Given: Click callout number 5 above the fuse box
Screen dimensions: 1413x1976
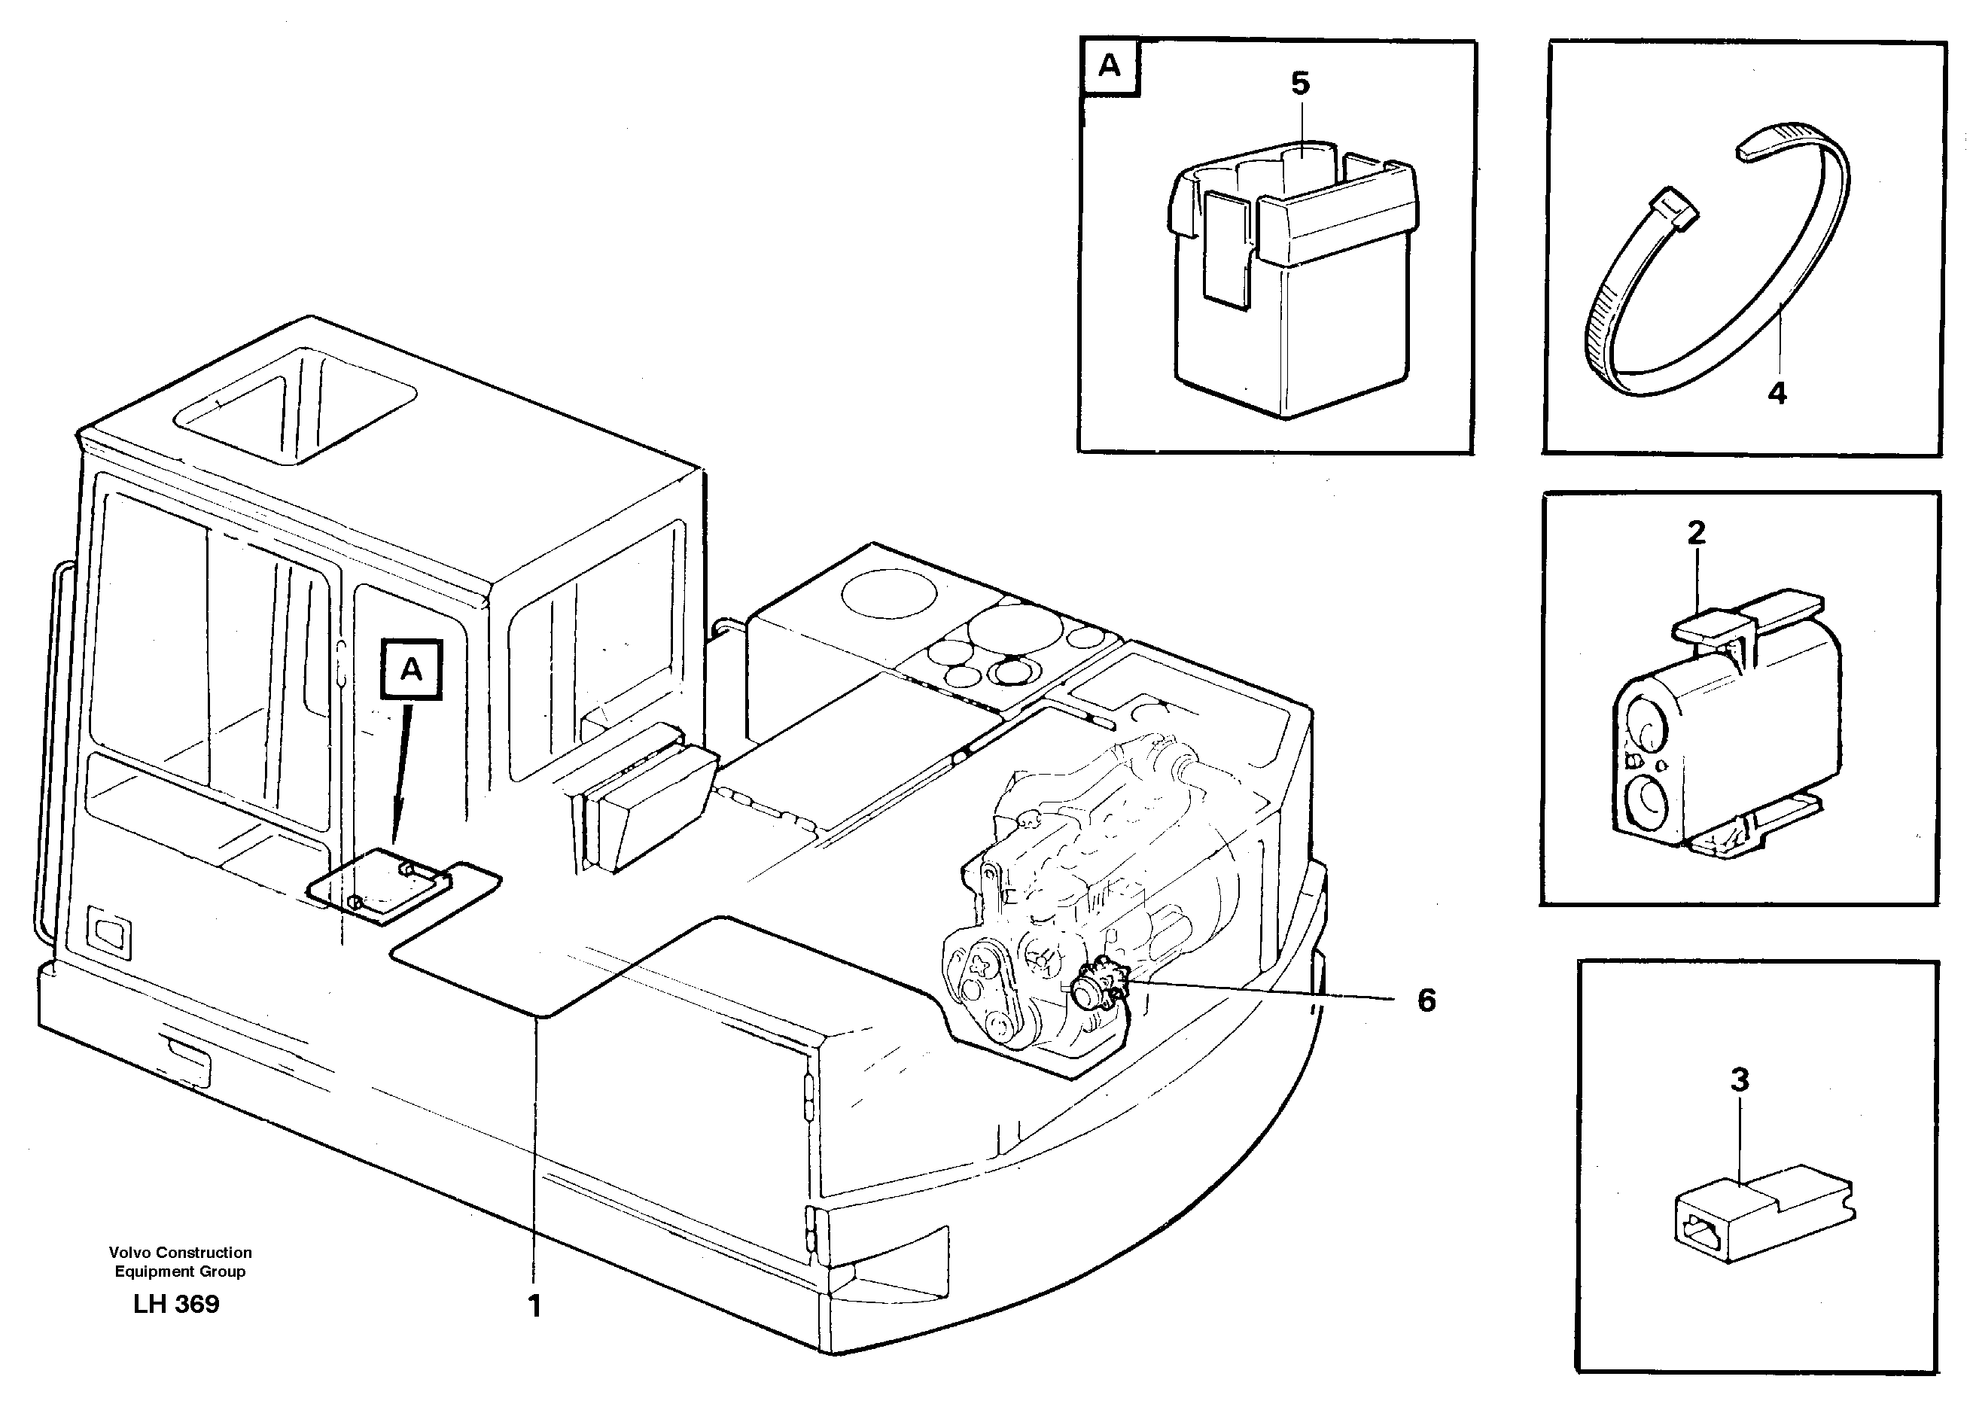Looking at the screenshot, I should pyautogui.click(x=1299, y=84).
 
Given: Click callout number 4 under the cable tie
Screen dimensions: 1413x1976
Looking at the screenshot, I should pyautogui.click(x=1777, y=393).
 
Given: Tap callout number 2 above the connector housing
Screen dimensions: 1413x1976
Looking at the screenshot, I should pyautogui.click(x=1696, y=532).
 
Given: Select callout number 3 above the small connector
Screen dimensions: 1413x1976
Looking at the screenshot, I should pyautogui.click(x=1738, y=1080).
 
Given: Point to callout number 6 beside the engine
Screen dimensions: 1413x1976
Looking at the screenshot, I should pyautogui.click(x=1426, y=1000).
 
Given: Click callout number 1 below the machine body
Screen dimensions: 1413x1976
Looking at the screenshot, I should pyautogui.click(x=534, y=1305).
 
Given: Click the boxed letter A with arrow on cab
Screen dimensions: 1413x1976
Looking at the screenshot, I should pyautogui.click(x=412, y=669).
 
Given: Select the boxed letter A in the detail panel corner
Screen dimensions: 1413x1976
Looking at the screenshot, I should pyautogui.click(x=1110, y=66).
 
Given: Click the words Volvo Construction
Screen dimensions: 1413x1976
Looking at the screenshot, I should pyautogui.click(x=180, y=1252).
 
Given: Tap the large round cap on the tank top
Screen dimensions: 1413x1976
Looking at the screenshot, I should pyautogui.click(x=889, y=593).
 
